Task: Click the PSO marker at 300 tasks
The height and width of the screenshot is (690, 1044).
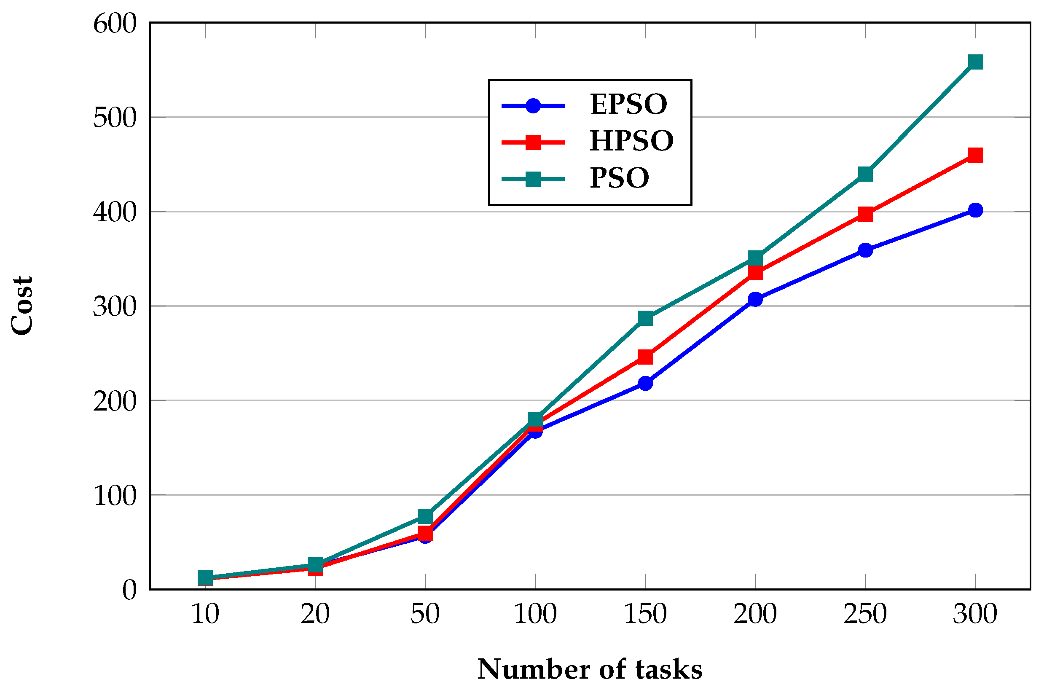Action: (975, 62)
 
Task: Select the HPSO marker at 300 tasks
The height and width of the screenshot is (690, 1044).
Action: (975, 155)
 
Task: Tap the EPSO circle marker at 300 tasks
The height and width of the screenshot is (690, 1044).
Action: (975, 210)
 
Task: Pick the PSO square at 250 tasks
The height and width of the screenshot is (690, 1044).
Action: (865, 174)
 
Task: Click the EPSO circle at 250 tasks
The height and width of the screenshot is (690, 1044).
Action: (865, 250)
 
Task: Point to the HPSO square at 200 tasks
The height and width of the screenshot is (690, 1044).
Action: (755, 273)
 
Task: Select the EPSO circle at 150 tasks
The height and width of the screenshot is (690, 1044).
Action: (645, 383)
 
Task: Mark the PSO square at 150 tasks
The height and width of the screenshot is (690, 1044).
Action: (645, 318)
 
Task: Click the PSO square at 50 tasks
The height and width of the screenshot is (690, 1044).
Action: (425, 516)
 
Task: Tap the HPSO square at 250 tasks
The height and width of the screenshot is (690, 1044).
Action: (865, 214)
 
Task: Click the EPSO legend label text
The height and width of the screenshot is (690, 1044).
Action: (628, 105)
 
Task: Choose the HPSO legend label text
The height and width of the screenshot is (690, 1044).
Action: (631, 141)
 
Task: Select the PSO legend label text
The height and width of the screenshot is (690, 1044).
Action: (619, 178)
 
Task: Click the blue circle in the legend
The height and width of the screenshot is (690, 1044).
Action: (533, 106)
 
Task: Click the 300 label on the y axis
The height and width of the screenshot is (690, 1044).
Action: (115, 307)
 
